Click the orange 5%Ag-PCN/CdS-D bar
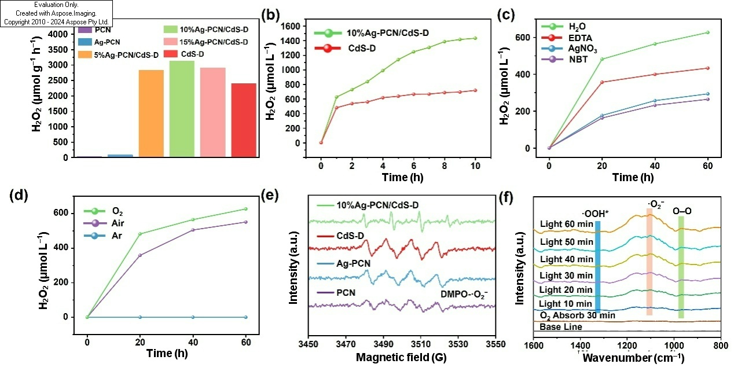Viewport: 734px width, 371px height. pos(151,113)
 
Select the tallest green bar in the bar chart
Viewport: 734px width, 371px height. pos(182,109)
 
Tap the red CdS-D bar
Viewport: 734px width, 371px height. pos(244,120)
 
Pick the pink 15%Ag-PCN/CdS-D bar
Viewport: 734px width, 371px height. pos(213,112)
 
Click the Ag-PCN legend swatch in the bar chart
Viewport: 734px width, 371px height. pos(85,42)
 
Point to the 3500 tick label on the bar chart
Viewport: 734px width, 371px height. pos(58,50)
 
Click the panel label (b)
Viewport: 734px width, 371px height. pos(271,16)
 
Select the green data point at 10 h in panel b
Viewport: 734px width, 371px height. pos(475,38)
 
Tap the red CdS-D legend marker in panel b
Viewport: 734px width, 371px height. pos(328,49)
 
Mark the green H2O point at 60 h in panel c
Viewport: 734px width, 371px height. pos(708,32)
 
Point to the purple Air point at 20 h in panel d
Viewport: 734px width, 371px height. pos(140,255)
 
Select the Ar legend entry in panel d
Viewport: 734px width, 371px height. pos(103,236)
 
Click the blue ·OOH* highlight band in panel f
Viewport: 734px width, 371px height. pos(598,267)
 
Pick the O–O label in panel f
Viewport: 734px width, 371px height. pos(682,211)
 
